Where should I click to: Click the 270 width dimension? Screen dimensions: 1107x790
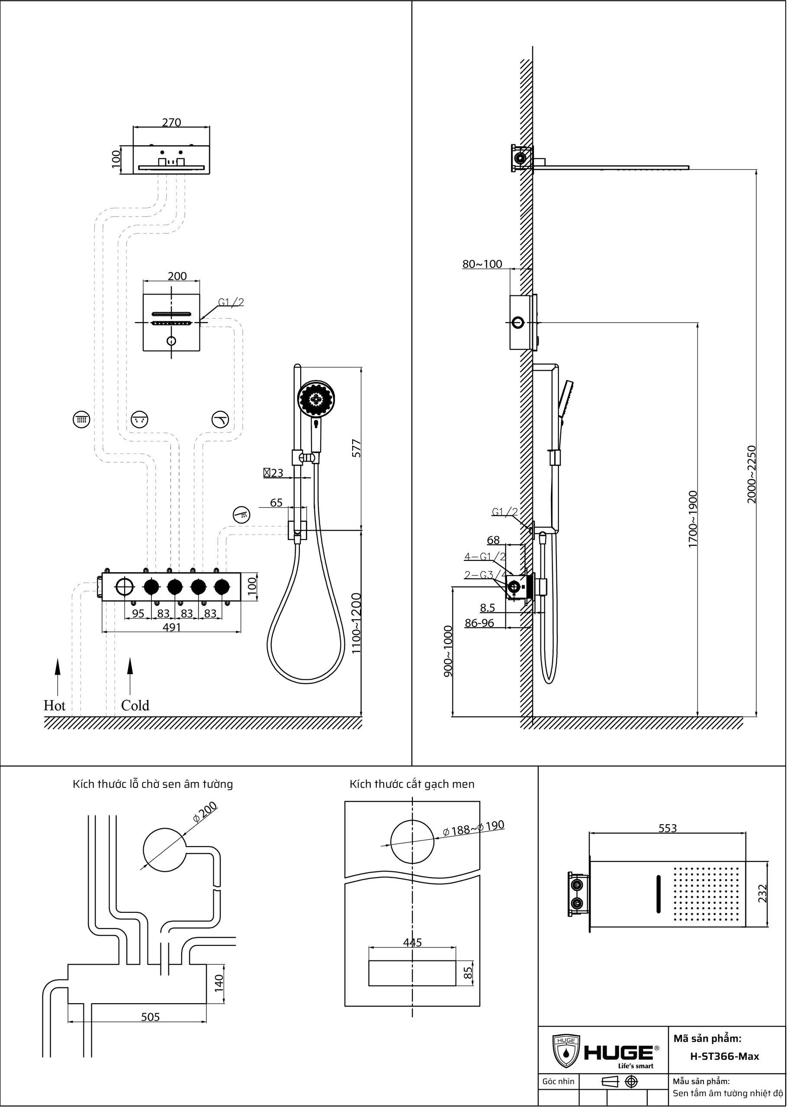(171, 122)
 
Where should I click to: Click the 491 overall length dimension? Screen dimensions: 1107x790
(172, 627)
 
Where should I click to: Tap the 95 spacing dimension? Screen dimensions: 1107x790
(138, 614)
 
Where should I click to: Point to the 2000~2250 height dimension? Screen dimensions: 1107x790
(751, 474)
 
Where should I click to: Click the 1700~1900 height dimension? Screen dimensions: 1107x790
(693, 519)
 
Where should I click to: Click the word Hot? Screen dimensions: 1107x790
(54, 705)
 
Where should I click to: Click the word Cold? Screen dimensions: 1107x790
(135, 705)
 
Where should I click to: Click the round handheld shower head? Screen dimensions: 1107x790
(316, 399)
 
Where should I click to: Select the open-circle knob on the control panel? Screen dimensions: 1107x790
(125, 587)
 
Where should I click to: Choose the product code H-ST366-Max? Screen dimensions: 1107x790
(724, 1056)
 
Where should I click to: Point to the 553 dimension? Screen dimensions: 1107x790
(668, 828)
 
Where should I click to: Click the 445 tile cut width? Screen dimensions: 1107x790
(412, 943)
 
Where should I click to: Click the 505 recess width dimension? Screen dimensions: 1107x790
(150, 1017)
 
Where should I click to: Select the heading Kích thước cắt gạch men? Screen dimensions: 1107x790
(411, 784)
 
